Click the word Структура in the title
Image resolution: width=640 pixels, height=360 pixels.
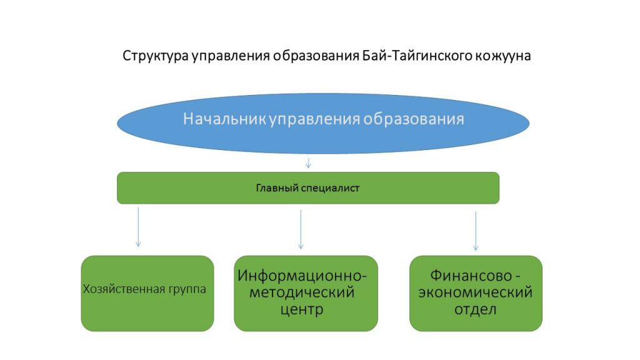click(151, 56)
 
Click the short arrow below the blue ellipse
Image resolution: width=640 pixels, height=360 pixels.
click(308, 164)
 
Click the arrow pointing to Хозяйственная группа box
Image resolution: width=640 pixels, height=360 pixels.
click(138, 228)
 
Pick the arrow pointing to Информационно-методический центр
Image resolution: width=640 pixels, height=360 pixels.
click(301, 229)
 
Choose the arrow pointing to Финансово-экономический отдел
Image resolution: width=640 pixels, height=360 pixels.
click(476, 231)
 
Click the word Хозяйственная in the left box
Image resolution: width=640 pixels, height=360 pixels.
click(123, 289)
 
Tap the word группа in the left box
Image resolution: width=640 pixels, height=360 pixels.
click(186, 289)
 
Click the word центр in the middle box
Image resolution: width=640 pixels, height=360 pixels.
click(306, 309)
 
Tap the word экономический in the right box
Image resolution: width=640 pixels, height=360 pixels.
click(476, 292)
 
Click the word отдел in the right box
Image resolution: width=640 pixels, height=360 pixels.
click(476, 309)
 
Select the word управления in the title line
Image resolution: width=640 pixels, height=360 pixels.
click(226, 56)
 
